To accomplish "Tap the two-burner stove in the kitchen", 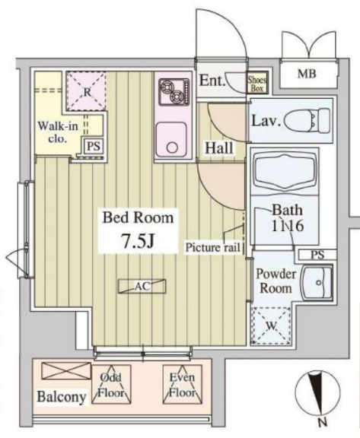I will click(x=173, y=94).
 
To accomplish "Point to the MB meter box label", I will click(x=307, y=74).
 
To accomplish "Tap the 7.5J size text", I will click(x=137, y=243).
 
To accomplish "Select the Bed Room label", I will click(x=139, y=218).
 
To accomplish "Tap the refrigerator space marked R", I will click(x=88, y=92).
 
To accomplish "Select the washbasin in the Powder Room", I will click(x=315, y=284).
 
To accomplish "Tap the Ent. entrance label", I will click(x=211, y=81).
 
